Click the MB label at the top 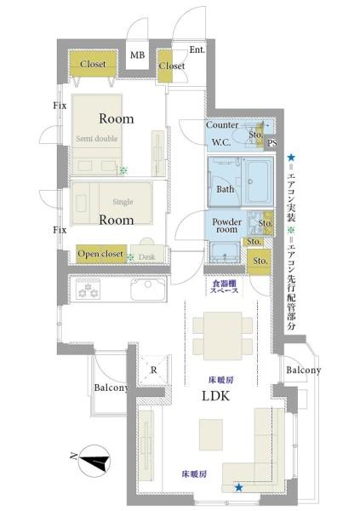pos(137,56)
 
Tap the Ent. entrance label pos(197,49)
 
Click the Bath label pos(226,189)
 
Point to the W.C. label pos(223,142)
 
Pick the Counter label pos(222,125)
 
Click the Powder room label pos(227,227)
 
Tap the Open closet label pos(101,254)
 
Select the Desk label pos(146,255)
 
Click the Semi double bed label pos(96,139)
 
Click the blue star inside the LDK pos(239,487)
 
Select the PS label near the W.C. pos(271,143)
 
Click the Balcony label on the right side pos(304,370)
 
